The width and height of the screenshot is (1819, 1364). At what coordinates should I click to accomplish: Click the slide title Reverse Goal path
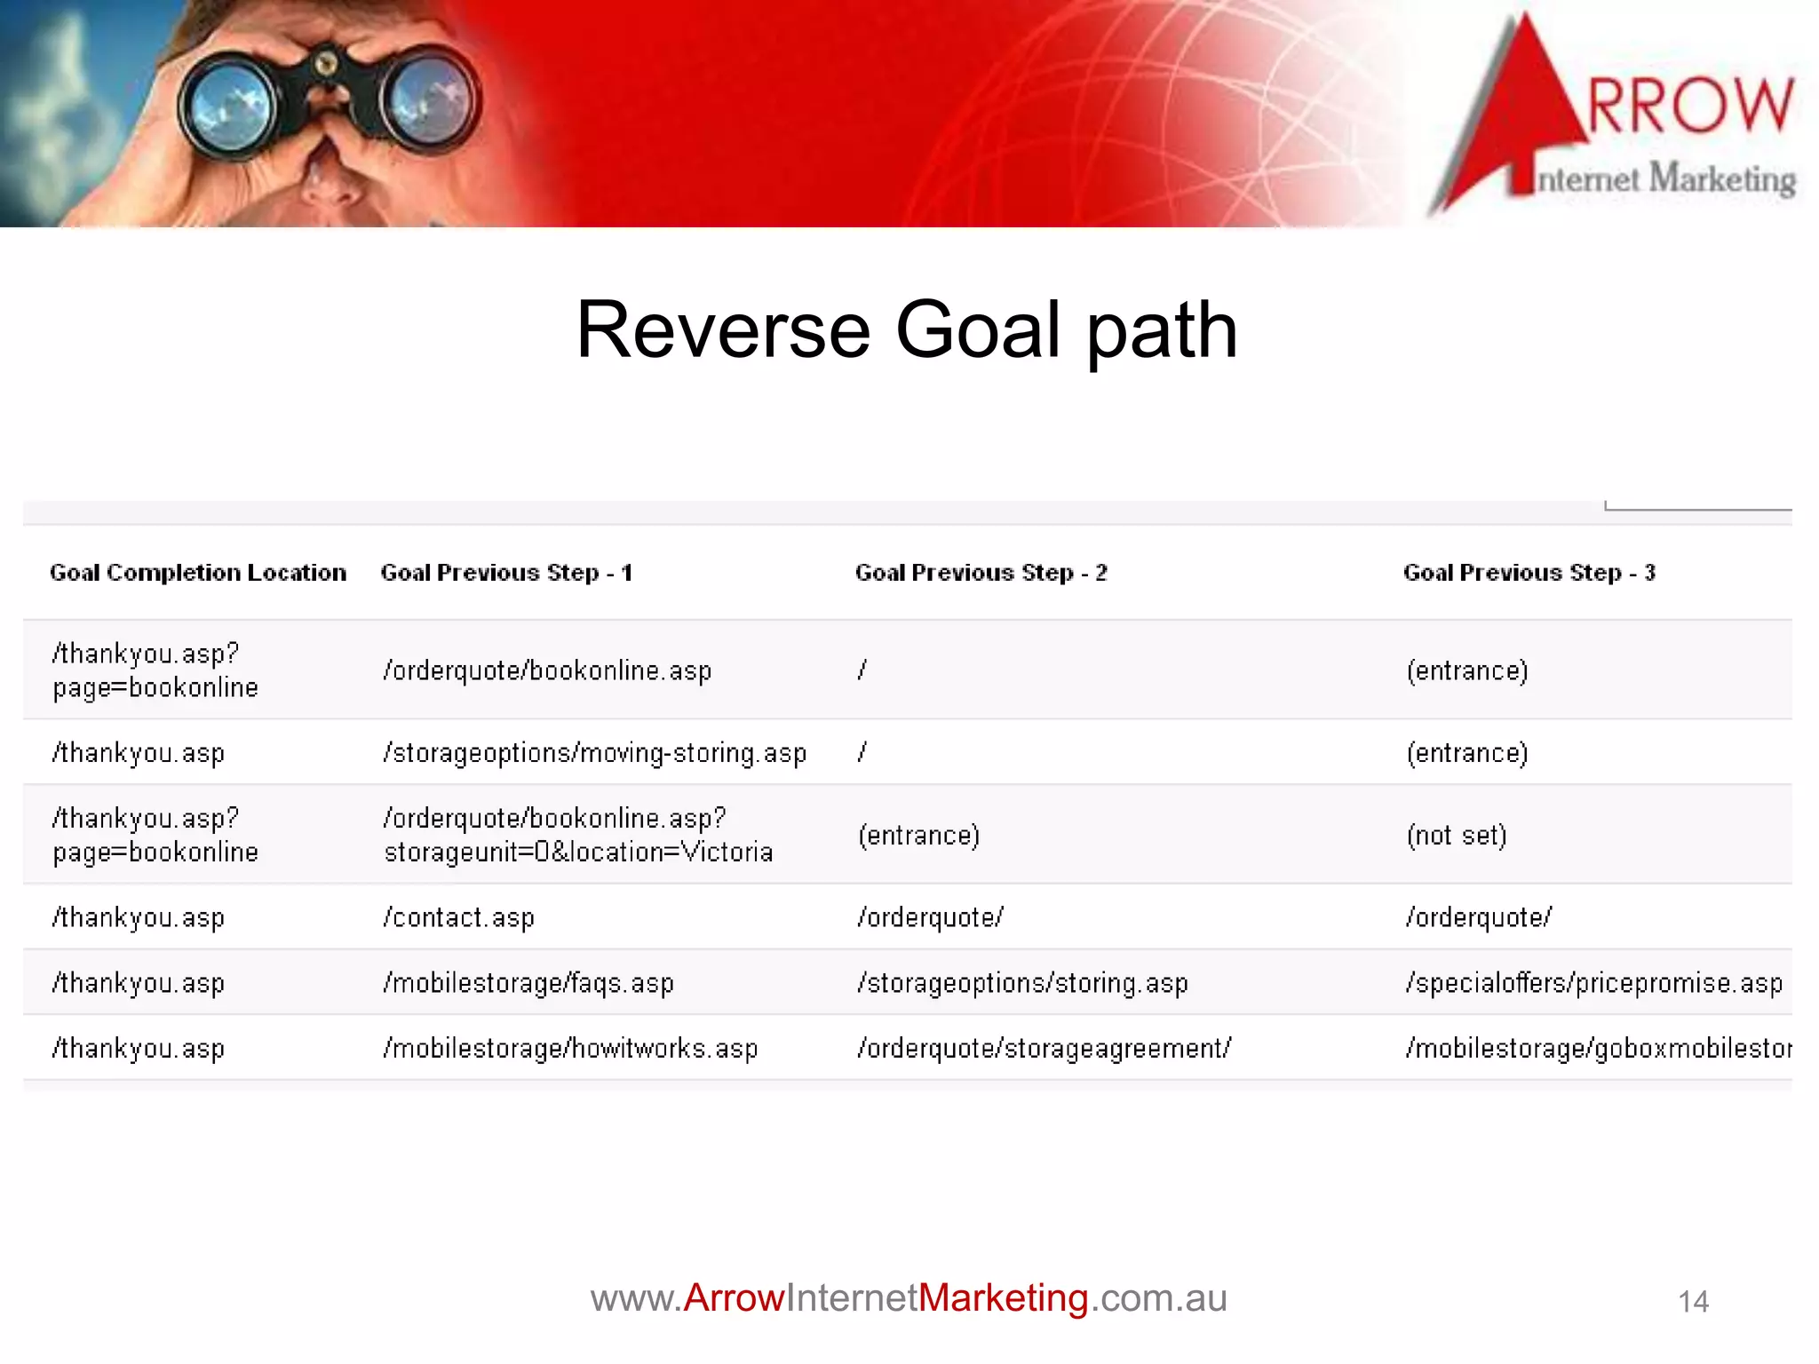(x=907, y=330)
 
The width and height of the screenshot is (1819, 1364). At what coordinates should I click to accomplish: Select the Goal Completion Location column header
(x=198, y=573)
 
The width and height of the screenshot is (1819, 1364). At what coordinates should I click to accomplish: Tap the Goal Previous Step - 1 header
(x=506, y=573)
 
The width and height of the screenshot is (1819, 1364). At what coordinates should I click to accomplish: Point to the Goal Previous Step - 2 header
(x=981, y=573)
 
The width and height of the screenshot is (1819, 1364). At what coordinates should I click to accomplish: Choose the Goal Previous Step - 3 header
(x=1529, y=573)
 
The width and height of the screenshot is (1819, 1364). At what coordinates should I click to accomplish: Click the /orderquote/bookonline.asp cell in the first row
(x=547, y=670)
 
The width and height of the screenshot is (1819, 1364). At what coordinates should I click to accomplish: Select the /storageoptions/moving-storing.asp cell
(x=595, y=753)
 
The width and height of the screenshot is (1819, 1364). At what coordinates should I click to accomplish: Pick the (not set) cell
(x=1457, y=835)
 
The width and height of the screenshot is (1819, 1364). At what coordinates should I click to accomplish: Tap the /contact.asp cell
(x=459, y=917)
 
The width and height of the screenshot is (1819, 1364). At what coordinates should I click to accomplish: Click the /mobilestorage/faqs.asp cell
(x=528, y=983)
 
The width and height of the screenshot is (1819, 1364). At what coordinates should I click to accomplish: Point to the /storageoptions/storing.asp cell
(x=1022, y=983)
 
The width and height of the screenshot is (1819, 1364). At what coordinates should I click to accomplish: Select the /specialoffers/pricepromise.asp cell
(x=1594, y=983)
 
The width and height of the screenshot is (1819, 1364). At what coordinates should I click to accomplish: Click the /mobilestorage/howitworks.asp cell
(x=570, y=1049)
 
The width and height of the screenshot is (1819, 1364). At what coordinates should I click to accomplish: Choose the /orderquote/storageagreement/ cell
(x=1045, y=1049)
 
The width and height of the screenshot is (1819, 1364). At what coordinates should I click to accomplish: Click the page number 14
(x=1693, y=1302)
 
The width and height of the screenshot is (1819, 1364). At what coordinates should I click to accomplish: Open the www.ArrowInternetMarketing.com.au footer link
(x=909, y=1298)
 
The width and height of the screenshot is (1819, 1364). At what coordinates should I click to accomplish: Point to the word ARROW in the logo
(x=1688, y=105)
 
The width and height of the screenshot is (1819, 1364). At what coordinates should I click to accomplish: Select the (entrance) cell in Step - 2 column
(x=918, y=836)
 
